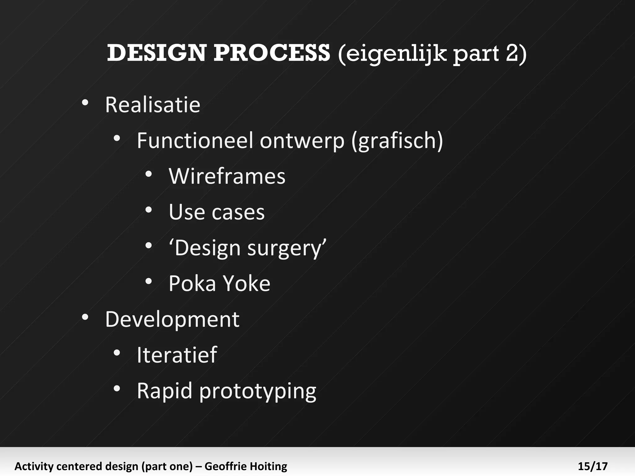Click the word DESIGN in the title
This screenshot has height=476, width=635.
tap(157, 53)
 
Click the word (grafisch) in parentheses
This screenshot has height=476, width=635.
tap(397, 141)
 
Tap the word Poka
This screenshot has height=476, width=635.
tap(192, 284)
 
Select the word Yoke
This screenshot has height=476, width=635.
tap(246, 284)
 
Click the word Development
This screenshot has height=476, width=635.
tap(172, 320)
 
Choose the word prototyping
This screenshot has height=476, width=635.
tap(258, 392)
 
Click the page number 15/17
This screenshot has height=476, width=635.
tap(593, 466)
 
